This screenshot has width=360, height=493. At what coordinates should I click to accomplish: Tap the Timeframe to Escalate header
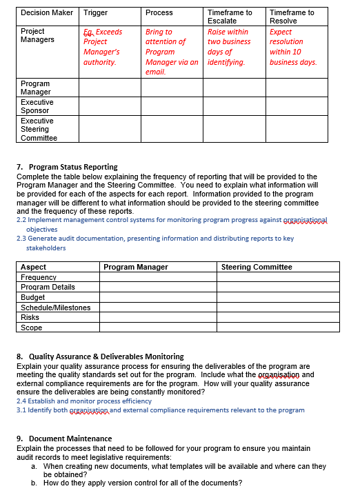(x=230, y=17)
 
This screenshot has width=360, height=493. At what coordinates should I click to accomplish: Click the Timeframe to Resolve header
(x=292, y=17)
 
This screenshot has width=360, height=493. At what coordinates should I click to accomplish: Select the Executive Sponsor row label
(x=37, y=106)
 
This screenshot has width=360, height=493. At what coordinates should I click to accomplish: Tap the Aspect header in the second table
(x=34, y=267)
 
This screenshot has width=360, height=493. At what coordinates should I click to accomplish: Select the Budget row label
(x=32, y=297)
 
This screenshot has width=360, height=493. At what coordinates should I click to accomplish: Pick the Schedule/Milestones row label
(x=55, y=308)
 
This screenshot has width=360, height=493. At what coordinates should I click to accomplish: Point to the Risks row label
(x=30, y=318)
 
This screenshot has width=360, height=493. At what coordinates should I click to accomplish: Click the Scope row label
(x=32, y=328)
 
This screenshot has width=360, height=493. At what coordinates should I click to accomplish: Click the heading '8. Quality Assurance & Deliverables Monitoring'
(x=100, y=356)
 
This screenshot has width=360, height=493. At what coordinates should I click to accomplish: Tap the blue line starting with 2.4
(x=83, y=401)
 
